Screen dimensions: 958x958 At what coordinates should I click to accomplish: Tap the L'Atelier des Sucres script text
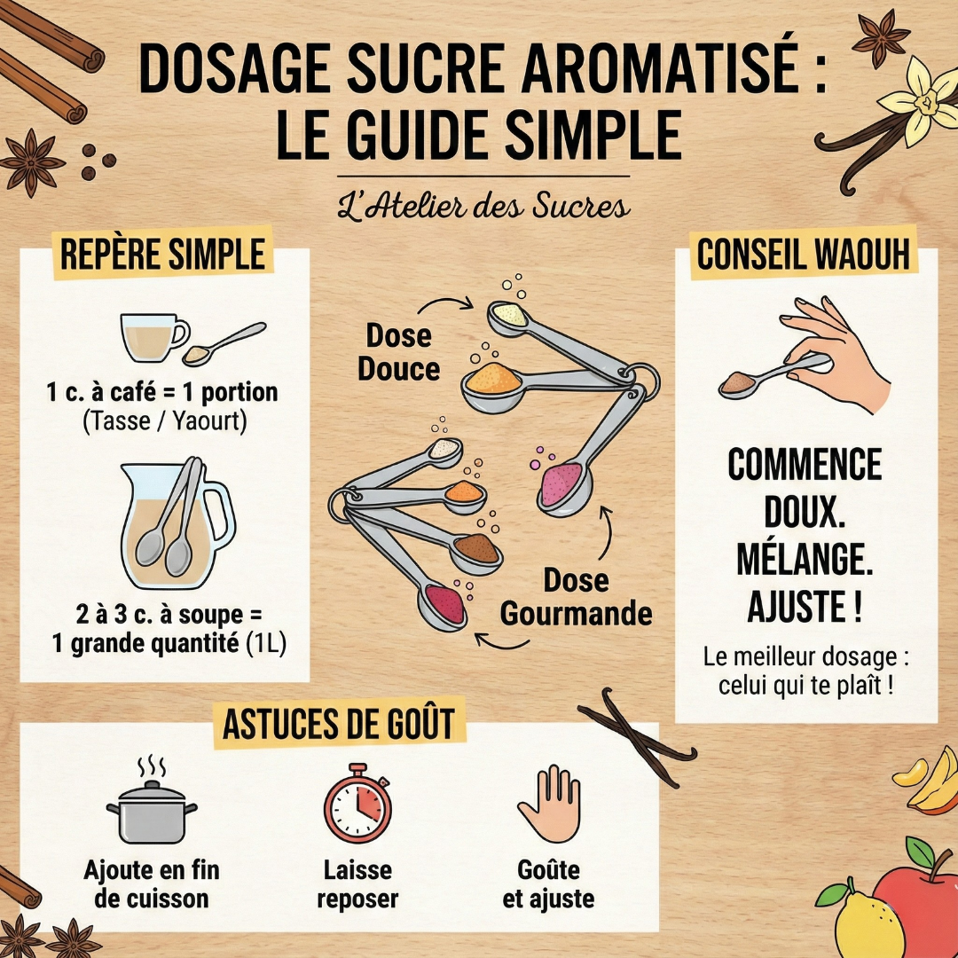tap(484, 207)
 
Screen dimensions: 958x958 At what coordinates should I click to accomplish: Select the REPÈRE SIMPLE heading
tap(162, 254)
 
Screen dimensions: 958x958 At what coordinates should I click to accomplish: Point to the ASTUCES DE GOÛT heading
tap(339, 722)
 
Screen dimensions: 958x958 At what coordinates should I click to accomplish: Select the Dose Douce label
tap(398, 352)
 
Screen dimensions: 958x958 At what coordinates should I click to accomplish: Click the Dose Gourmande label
tap(576, 597)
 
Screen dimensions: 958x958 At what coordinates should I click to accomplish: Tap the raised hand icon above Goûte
tap(549, 803)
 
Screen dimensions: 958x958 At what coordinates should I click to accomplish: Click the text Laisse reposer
tap(357, 883)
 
